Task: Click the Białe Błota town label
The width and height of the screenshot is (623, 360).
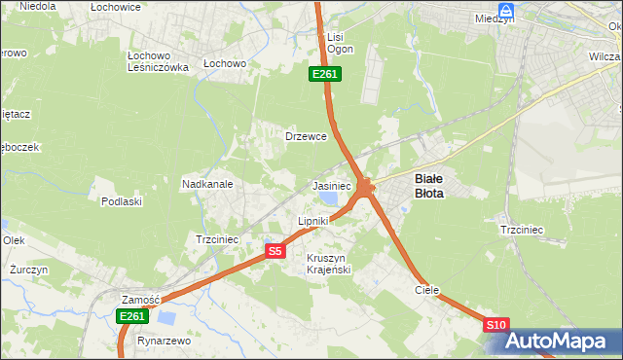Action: [429, 185]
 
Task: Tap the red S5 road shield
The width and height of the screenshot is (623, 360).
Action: [275, 251]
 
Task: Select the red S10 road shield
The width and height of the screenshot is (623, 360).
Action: [495, 325]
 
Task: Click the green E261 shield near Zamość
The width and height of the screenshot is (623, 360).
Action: [131, 316]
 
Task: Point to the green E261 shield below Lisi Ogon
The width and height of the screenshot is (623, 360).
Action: [324, 74]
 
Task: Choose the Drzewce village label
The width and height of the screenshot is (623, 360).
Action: [304, 136]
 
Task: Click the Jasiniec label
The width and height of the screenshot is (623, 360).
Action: [331, 185]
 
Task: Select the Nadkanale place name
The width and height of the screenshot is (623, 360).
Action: [206, 183]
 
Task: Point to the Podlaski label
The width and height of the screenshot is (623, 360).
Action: [122, 201]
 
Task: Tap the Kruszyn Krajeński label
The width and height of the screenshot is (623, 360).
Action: [328, 263]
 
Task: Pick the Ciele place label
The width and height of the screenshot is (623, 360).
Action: [426, 290]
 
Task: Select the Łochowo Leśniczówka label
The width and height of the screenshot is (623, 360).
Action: [158, 61]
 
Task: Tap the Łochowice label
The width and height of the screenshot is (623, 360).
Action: [116, 7]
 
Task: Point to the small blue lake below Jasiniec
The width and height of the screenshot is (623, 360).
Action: [332, 199]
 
